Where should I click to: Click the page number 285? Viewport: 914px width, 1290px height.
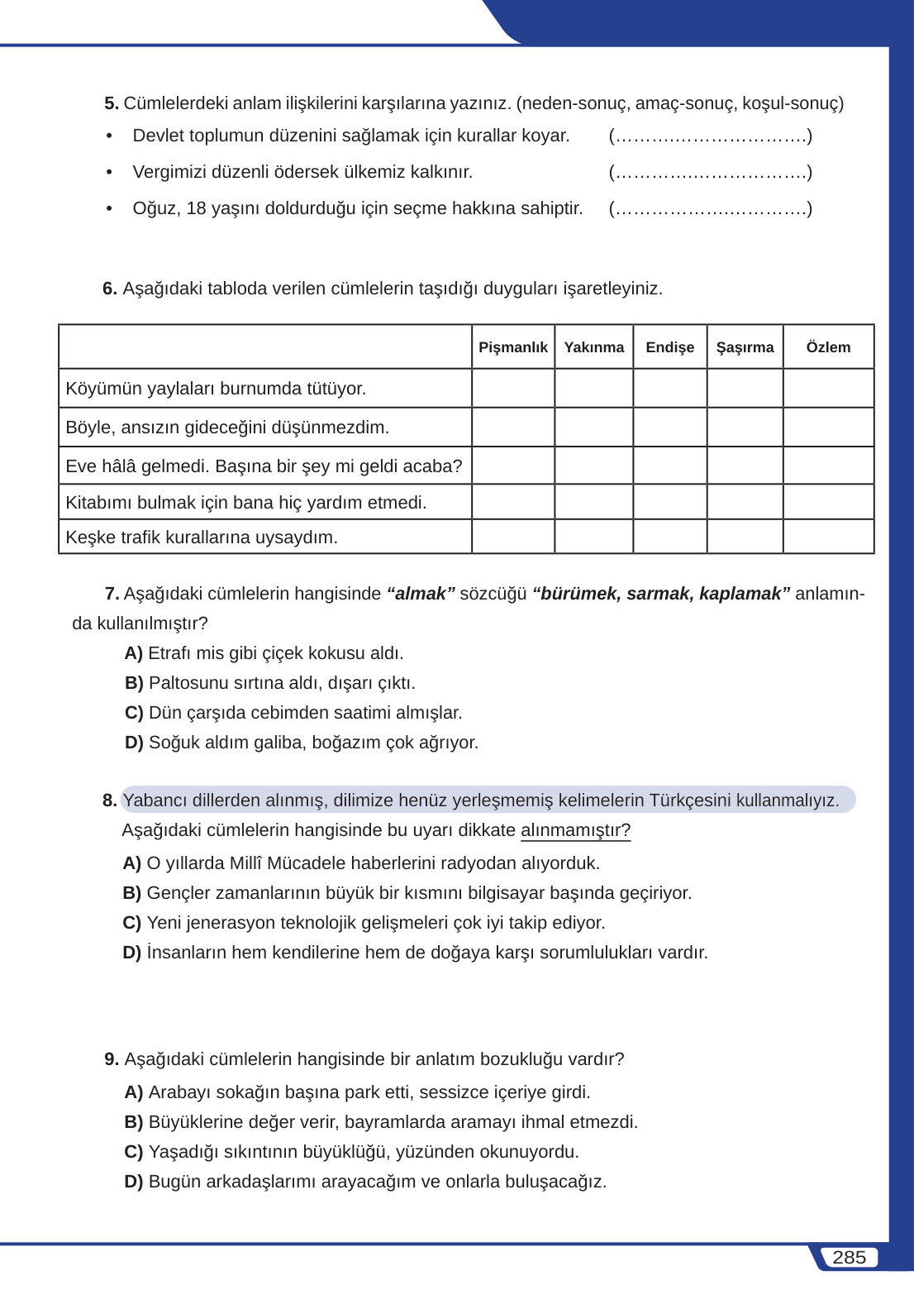point(849,1258)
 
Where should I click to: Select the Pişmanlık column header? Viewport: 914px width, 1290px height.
point(512,347)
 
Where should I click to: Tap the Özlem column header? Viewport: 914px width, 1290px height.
point(828,347)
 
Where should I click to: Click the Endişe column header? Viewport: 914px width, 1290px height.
point(669,347)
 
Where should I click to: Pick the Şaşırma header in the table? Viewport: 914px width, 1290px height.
point(745,347)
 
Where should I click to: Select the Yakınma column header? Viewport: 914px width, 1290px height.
point(593,347)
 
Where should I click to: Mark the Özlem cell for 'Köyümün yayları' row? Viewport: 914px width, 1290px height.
point(828,388)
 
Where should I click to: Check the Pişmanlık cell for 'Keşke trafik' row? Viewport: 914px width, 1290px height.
point(512,537)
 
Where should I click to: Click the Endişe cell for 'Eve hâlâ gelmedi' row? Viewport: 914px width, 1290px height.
point(669,466)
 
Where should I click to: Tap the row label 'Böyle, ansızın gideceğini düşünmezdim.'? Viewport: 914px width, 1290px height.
point(227,428)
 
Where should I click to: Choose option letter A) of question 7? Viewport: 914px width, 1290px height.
point(133,653)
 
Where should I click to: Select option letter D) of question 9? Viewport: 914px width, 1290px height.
point(133,1182)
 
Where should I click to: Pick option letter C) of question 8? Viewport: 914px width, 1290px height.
point(131,923)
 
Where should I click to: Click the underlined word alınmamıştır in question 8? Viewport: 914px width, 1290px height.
point(575,830)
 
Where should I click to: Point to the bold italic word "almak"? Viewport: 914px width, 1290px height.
point(421,594)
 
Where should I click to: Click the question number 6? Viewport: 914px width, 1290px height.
point(109,289)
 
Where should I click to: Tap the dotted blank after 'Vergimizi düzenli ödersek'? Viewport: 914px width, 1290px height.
point(710,173)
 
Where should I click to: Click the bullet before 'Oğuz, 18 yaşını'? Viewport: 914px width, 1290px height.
point(109,208)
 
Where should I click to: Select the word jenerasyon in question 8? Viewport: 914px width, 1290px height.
point(229,923)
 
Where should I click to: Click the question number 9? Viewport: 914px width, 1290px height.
point(112,1059)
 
